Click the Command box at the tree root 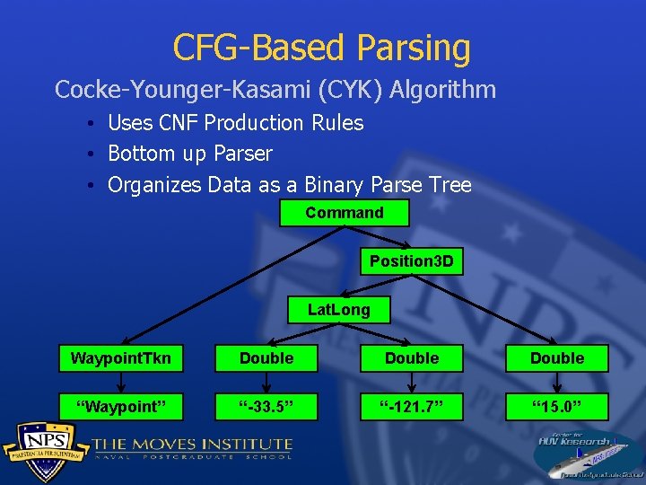[x=344, y=213]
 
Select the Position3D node [x=412, y=261]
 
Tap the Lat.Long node [x=338, y=310]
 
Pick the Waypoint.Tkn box [x=121, y=358]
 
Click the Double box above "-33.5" [x=266, y=358]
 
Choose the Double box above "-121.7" [x=412, y=358]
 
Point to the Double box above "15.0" [x=556, y=358]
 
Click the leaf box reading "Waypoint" [x=121, y=407]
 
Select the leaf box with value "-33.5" [x=266, y=407]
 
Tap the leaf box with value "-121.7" [x=412, y=407]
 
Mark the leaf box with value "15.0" [x=556, y=407]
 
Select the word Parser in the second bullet [x=243, y=154]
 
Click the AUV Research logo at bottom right [x=587, y=454]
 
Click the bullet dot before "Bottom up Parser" [x=93, y=154]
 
